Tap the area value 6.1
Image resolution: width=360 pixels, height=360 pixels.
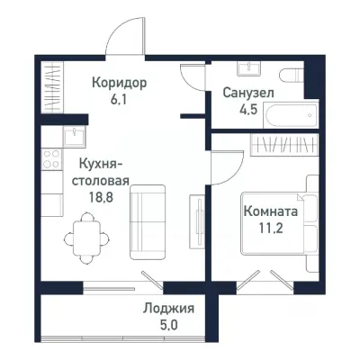(x=119, y=101)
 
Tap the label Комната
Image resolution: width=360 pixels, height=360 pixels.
(x=270, y=212)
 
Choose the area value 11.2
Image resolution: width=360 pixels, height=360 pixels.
(x=269, y=229)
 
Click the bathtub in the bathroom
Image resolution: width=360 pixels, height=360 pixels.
(x=287, y=114)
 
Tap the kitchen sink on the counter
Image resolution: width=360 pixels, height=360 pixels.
(x=71, y=137)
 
